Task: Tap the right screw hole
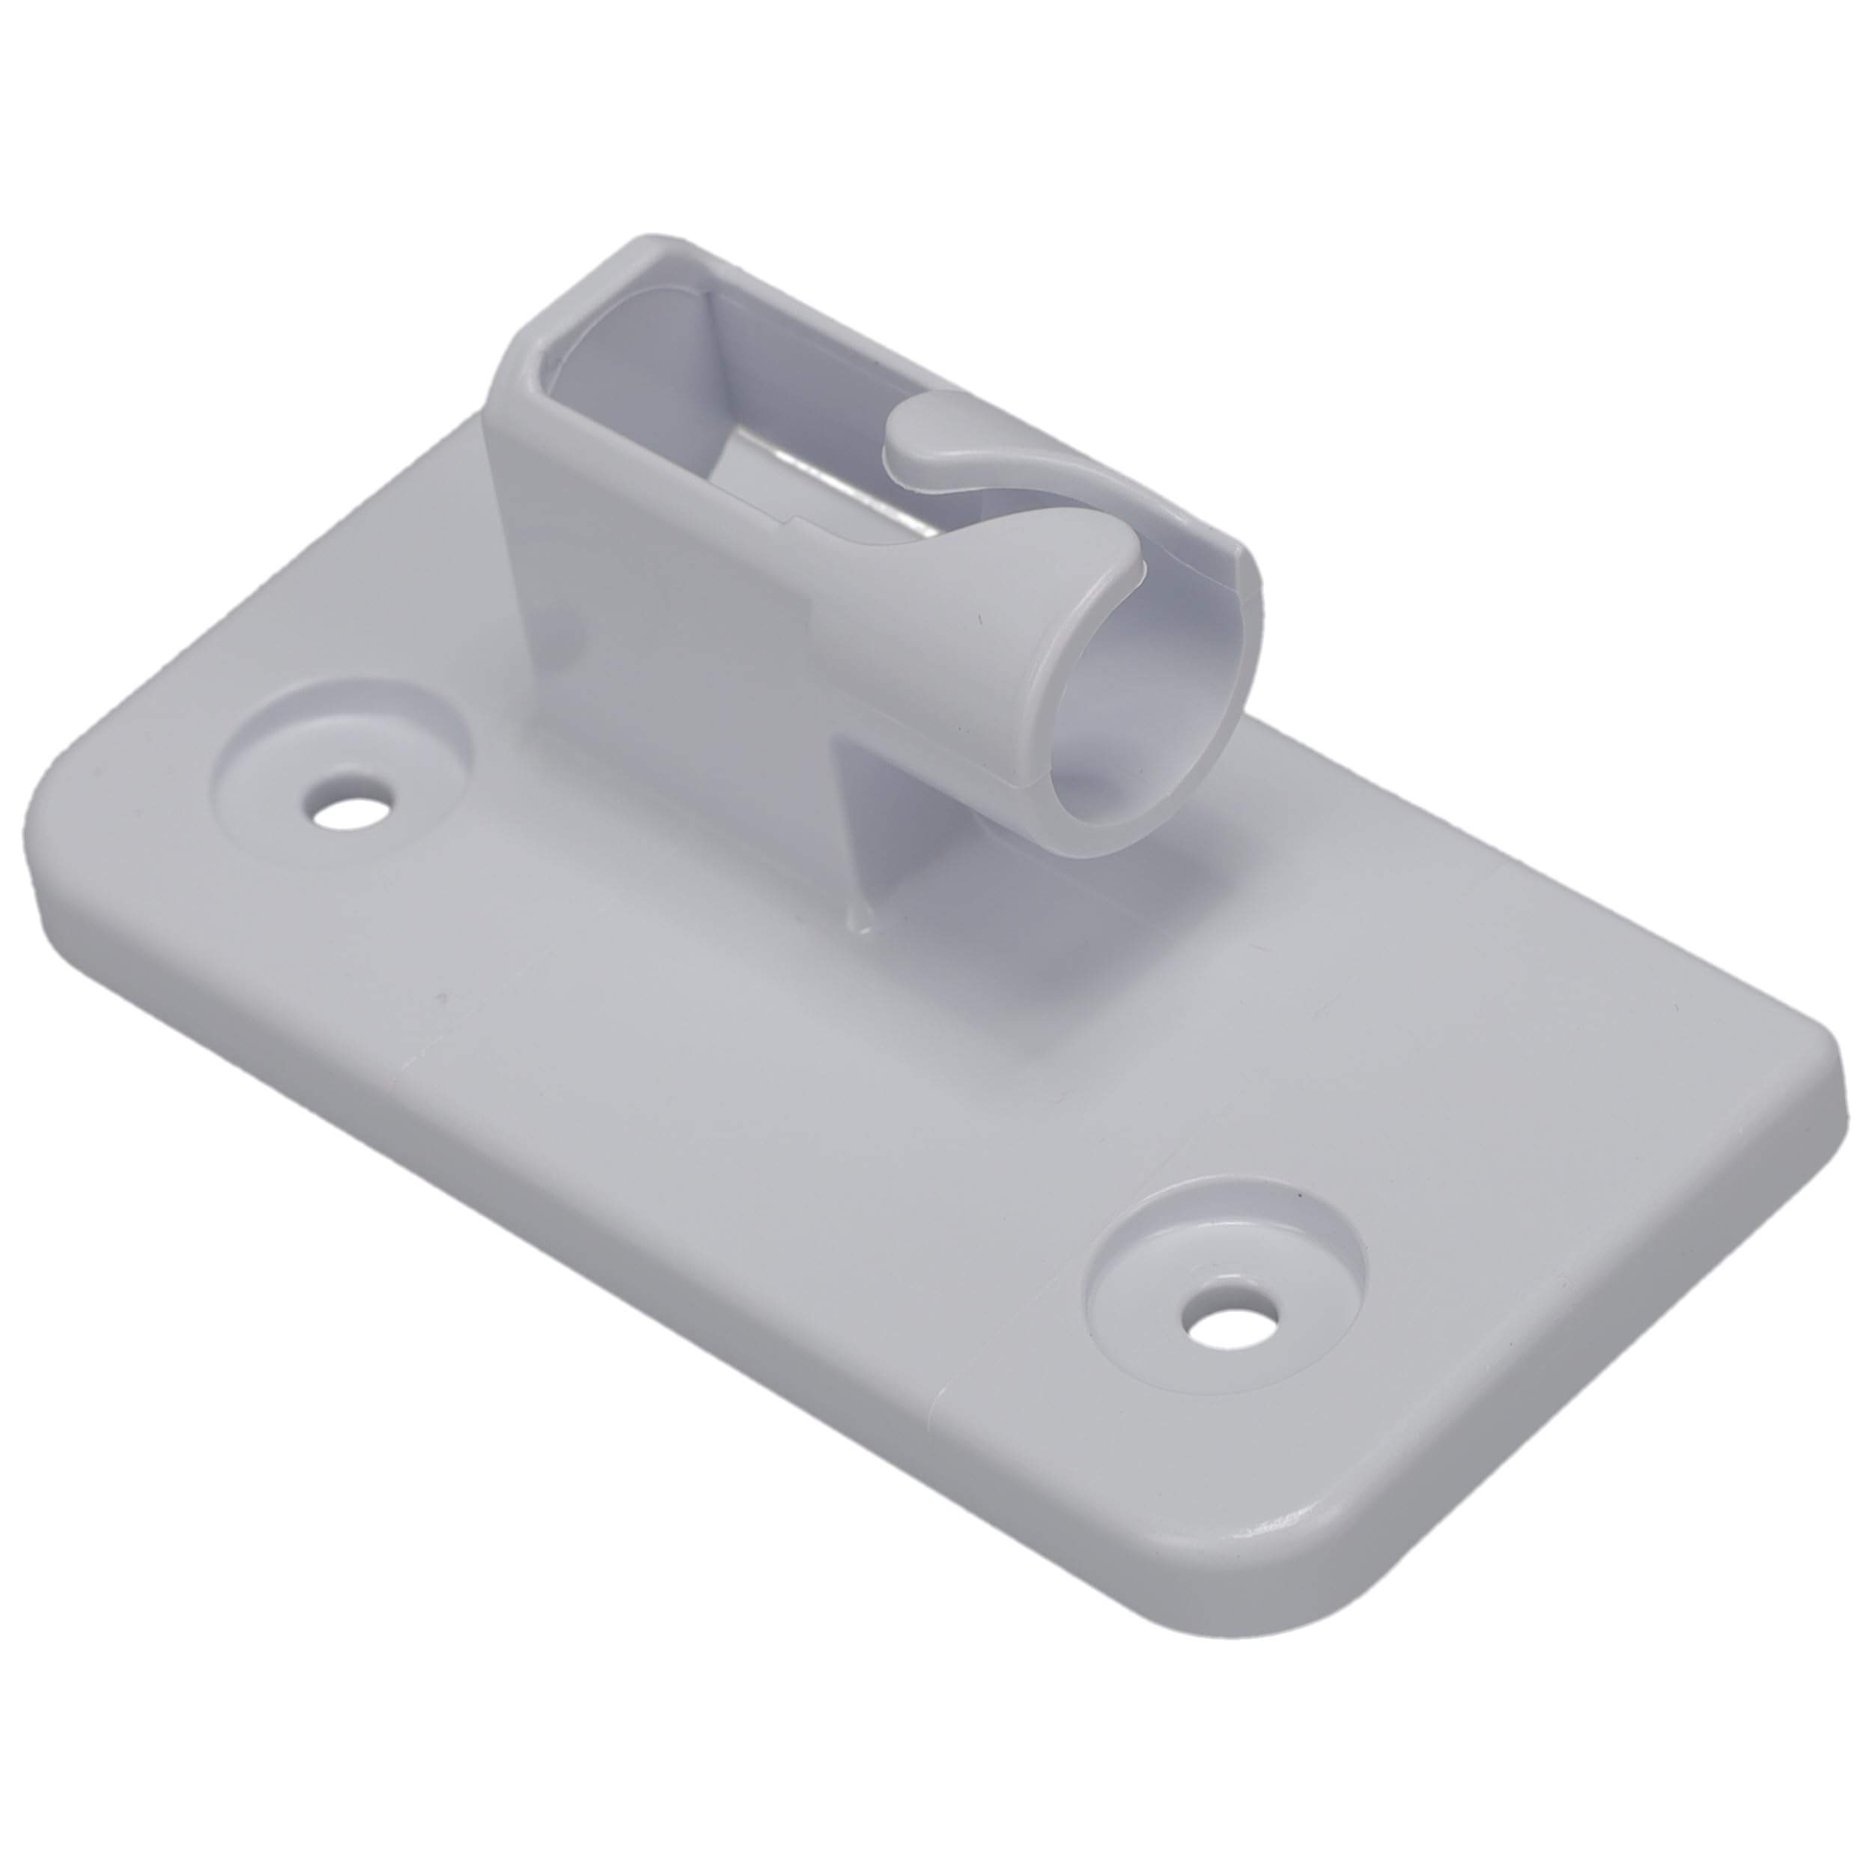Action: (1230, 1319)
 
